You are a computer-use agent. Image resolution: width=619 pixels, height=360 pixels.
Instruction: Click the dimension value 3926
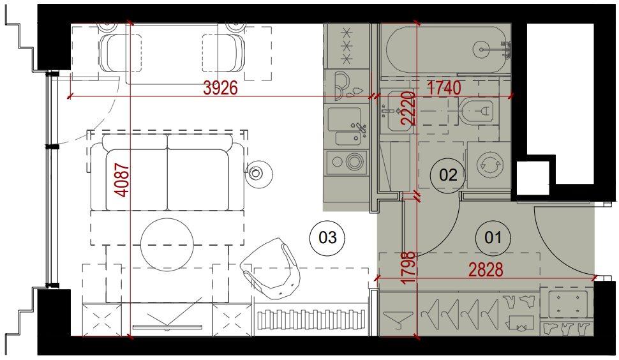220,88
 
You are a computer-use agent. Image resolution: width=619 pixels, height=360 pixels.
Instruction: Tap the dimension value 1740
444,87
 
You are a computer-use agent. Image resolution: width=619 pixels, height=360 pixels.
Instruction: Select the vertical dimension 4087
122,179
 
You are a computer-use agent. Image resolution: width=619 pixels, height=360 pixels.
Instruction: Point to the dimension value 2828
486,270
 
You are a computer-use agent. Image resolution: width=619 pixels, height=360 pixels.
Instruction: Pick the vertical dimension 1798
408,267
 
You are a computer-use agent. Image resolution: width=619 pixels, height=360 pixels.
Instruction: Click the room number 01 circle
493,237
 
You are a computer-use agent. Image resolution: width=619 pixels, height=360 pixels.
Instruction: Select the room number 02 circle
448,175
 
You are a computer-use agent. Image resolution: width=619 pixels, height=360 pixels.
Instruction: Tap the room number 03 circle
327,237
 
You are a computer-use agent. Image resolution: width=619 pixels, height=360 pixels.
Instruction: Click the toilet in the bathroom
476,110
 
